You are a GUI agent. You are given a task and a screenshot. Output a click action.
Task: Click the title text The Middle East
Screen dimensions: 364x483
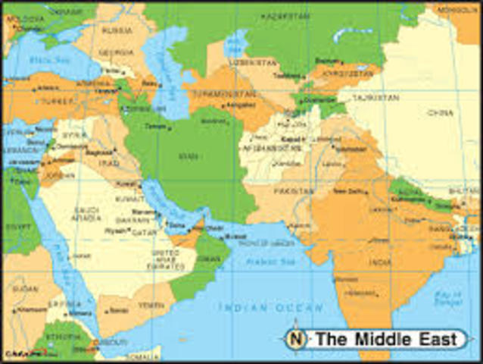coord(385,339)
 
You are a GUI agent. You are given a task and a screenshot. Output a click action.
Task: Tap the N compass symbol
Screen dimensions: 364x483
coord(296,339)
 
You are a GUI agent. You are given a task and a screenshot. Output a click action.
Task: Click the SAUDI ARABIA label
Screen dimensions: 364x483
coord(89,214)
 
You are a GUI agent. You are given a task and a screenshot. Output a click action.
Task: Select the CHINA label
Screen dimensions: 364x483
coord(438,113)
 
